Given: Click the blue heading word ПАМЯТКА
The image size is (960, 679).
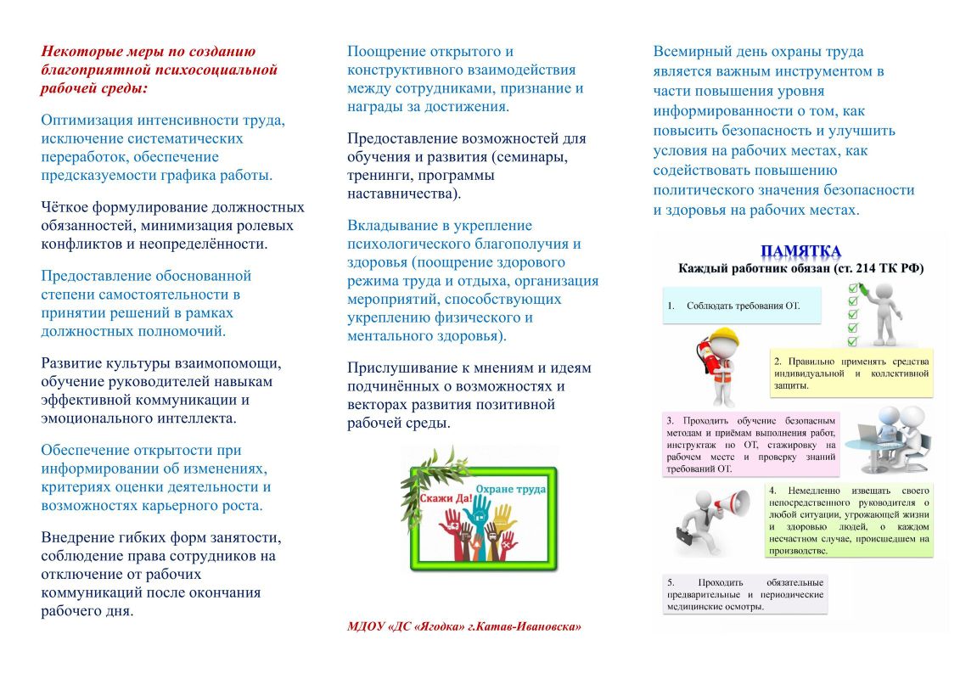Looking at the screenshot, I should click(800, 250).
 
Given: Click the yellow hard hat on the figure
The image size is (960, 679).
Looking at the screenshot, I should click(724, 335).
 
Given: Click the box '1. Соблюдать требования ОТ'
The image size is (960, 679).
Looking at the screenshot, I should click(741, 306).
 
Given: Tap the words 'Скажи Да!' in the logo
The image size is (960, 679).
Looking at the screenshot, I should click(445, 499).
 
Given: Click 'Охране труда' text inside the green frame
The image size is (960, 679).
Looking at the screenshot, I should click(510, 490).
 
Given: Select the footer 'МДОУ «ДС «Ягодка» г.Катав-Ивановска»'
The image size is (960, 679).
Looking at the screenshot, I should click(463, 626).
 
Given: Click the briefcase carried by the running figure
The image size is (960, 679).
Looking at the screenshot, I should click(686, 536).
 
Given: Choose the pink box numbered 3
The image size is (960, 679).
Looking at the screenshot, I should click(749, 443).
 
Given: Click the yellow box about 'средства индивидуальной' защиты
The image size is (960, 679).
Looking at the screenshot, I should click(851, 373).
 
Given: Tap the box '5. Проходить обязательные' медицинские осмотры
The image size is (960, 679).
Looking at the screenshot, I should click(744, 594).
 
